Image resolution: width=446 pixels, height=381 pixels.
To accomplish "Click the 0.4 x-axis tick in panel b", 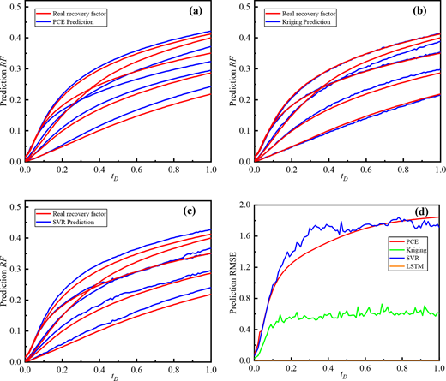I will point(328,170).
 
